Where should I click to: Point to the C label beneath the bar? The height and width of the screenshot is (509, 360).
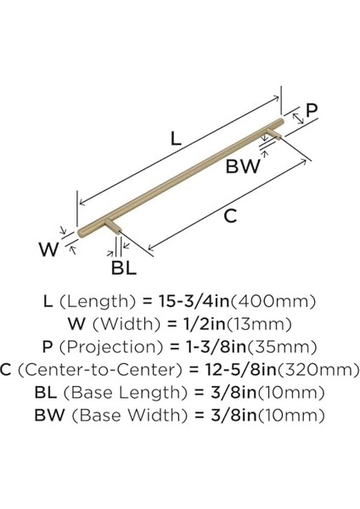coord(229,216)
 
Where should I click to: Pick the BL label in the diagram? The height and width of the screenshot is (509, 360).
coord(124,269)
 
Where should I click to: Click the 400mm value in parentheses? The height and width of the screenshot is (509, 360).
coord(273,301)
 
